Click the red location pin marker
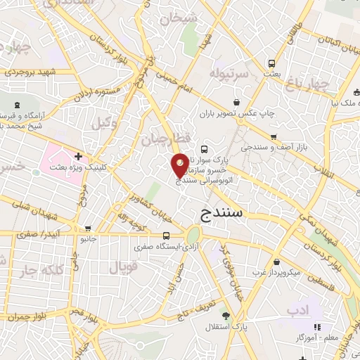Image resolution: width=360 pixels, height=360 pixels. pos(180,165)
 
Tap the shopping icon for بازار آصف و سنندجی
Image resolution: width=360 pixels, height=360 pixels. pos(274,137)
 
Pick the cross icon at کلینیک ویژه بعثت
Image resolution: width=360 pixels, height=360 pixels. pos(77,156)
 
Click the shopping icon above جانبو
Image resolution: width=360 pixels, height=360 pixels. pos(89,228)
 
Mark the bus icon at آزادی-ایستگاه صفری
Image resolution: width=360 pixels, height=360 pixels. pos(167,236)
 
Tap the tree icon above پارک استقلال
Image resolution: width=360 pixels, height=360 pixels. pos(226,316)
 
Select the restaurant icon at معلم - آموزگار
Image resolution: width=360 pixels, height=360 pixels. pos(318,327)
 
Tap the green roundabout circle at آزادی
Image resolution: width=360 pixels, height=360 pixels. pos(193,236)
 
